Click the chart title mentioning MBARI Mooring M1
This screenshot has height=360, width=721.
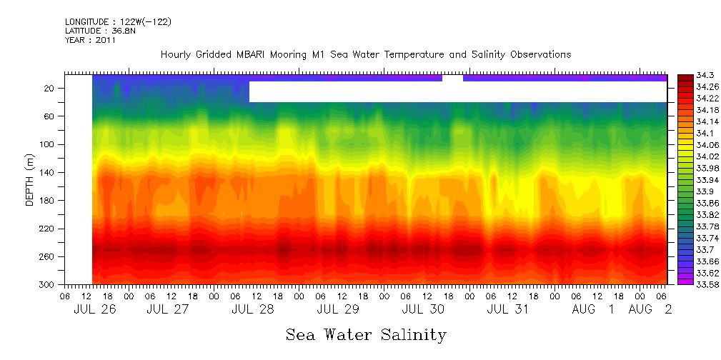(x=365, y=55)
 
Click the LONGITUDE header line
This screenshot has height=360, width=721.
(x=118, y=22)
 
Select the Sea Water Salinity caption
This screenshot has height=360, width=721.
(x=366, y=334)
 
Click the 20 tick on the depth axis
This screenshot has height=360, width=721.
(x=50, y=88)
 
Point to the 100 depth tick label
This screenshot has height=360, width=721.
(x=48, y=144)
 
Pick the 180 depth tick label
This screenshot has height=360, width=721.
(x=48, y=200)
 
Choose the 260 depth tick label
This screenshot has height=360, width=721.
(x=48, y=256)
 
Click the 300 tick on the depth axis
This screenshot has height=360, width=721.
(x=48, y=284)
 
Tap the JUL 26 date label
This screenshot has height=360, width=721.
(x=94, y=309)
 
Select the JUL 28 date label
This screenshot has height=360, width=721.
(x=252, y=309)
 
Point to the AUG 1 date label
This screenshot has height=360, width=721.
(x=593, y=309)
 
